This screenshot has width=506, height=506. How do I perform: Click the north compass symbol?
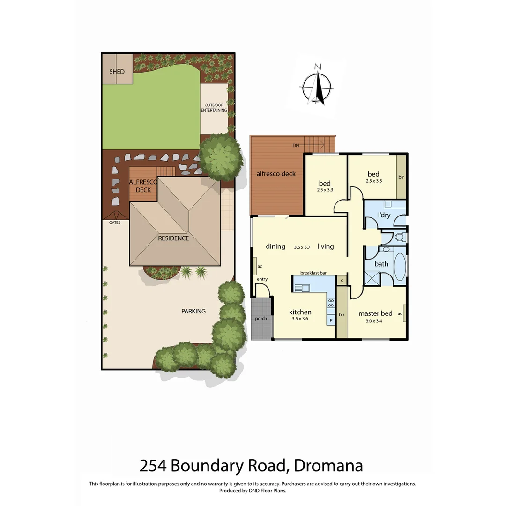click(x=318, y=86)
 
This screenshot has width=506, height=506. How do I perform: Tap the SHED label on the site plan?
click(x=117, y=72)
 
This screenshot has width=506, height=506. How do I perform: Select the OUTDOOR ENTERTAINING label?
click(x=214, y=107)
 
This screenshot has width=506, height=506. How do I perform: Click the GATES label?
click(x=115, y=223)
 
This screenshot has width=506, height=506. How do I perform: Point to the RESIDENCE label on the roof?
click(x=173, y=238)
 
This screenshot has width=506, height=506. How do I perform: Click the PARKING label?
click(x=193, y=311)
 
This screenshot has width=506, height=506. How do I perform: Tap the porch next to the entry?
click(x=261, y=319)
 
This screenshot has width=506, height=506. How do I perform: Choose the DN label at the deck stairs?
click(x=296, y=146)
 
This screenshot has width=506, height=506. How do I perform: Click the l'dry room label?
click(x=384, y=215)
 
